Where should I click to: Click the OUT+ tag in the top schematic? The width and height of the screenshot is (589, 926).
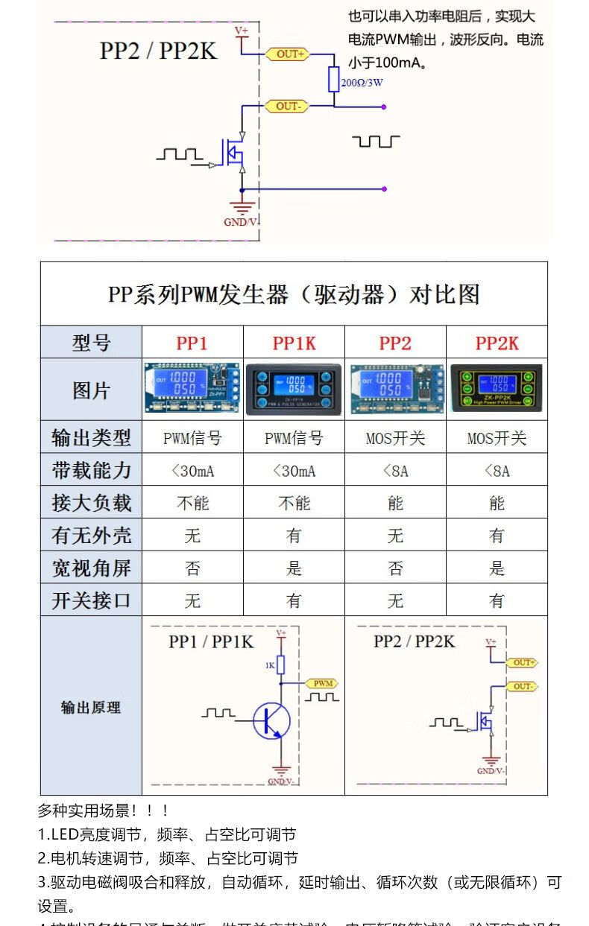pos(290,54)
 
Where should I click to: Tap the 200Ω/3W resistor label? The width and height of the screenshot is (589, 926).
pos(362,83)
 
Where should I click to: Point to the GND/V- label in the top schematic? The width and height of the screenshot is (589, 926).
pos(240,221)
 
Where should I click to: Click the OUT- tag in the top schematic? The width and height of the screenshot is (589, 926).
pos(287,107)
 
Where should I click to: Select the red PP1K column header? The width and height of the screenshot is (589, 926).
pos(294,343)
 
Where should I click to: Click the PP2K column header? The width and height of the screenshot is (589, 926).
pos(497,343)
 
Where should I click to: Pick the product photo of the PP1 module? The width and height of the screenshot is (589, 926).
pos(192,389)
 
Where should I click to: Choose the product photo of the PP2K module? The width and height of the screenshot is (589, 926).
pos(497,389)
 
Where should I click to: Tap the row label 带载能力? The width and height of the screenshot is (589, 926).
pos(91,470)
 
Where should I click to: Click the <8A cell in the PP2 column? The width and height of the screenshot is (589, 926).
pos(395,471)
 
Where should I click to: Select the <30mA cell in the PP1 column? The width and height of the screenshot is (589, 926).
pos(192,471)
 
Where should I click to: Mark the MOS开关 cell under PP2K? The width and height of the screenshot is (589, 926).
pos(497,438)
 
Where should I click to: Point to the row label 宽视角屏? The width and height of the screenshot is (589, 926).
pos(91,568)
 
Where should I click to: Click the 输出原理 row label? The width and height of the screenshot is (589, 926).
pos(91,707)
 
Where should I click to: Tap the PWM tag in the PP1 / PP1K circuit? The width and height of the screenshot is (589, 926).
pos(323,683)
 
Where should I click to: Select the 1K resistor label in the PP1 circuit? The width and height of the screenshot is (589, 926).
pos(270,665)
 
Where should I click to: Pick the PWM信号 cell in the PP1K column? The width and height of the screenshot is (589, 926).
pos(294,438)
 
